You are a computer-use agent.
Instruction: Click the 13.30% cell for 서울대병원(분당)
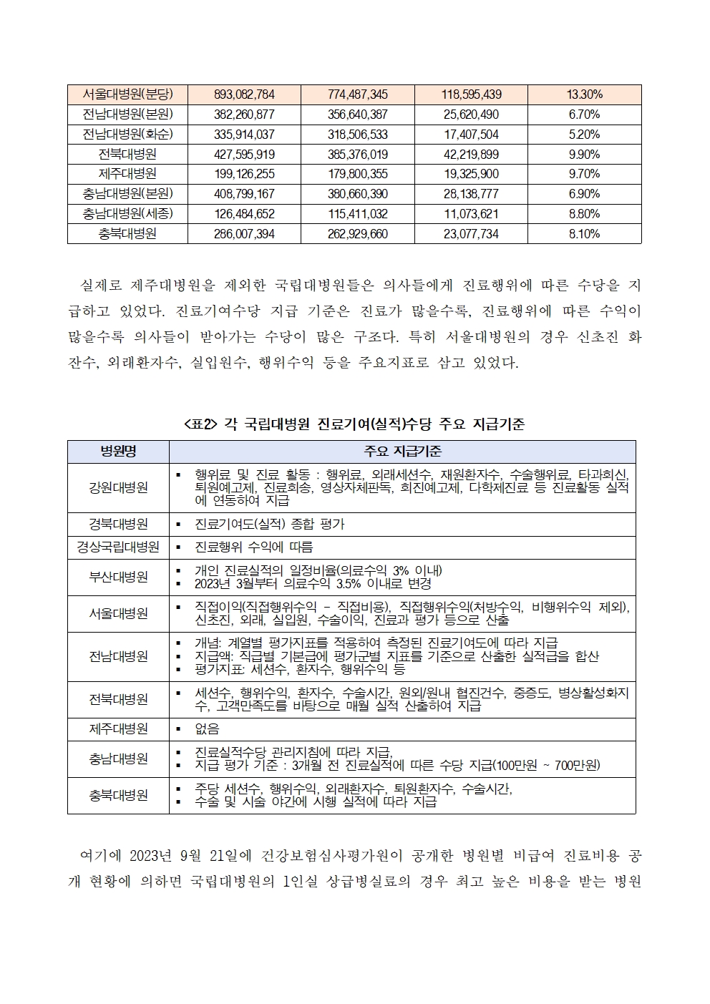coord(584,94)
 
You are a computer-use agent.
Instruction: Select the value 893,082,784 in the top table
coord(244,94)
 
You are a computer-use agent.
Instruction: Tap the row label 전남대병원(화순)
coord(127,135)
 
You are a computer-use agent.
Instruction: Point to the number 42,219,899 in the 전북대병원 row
coord(471,154)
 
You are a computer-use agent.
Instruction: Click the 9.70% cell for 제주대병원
coord(584,174)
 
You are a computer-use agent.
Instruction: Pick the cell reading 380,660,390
coord(358,194)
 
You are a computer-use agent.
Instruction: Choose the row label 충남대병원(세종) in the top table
coord(127,213)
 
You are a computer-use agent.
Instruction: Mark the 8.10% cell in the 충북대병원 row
coord(584,233)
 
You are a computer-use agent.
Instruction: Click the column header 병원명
coord(118,452)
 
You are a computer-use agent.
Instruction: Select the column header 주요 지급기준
coord(402,452)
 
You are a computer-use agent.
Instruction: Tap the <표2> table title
coord(354,424)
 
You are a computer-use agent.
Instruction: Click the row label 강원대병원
coord(118,487)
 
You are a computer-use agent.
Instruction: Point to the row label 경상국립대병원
coord(118,547)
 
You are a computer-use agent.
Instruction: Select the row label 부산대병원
coord(118,577)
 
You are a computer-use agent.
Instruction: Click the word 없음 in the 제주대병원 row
coord(207,729)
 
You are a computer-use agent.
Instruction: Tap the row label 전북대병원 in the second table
coord(118,699)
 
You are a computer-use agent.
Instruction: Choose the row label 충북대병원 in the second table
coord(118,795)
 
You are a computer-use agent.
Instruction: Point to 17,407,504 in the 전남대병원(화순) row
coord(471,135)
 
